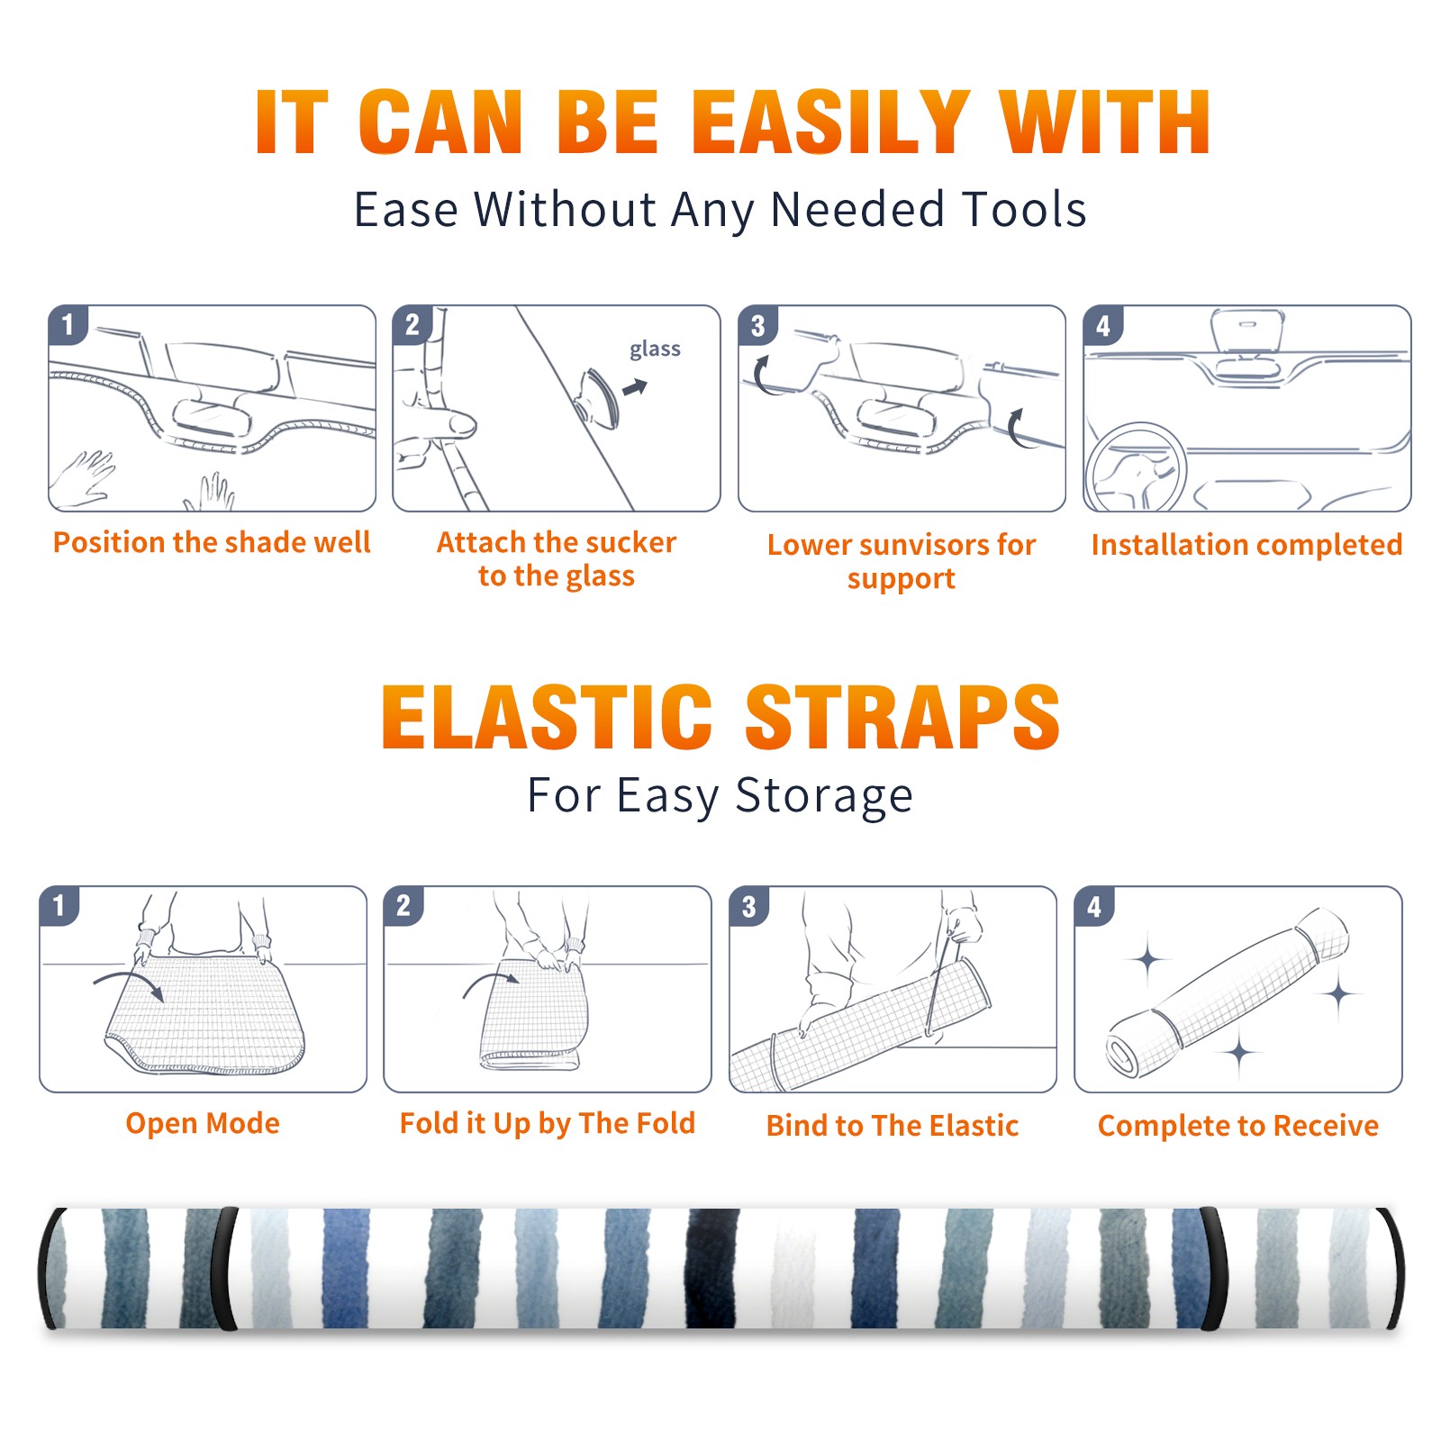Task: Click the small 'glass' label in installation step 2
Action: click(x=655, y=349)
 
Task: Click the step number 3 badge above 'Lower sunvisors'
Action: click(x=757, y=325)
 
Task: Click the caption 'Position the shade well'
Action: click(x=212, y=542)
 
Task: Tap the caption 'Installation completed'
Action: click(x=1246, y=544)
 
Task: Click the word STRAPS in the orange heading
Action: click(x=902, y=717)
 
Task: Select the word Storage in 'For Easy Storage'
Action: click(x=824, y=796)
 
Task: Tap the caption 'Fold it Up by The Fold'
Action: click(x=548, y=1123)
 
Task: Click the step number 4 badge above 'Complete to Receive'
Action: click(x=1094, y=906)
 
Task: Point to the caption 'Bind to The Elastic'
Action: click(x=893, y=1126)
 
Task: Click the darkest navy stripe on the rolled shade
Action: click(x=711, y=1268)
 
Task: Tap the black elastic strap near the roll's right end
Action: click(x=1212, y=1268)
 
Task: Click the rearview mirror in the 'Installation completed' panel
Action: click(x=1247, y=331)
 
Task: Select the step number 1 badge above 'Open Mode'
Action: click(x=59, y=906)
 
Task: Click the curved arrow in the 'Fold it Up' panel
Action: click(x=490, y=984)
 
